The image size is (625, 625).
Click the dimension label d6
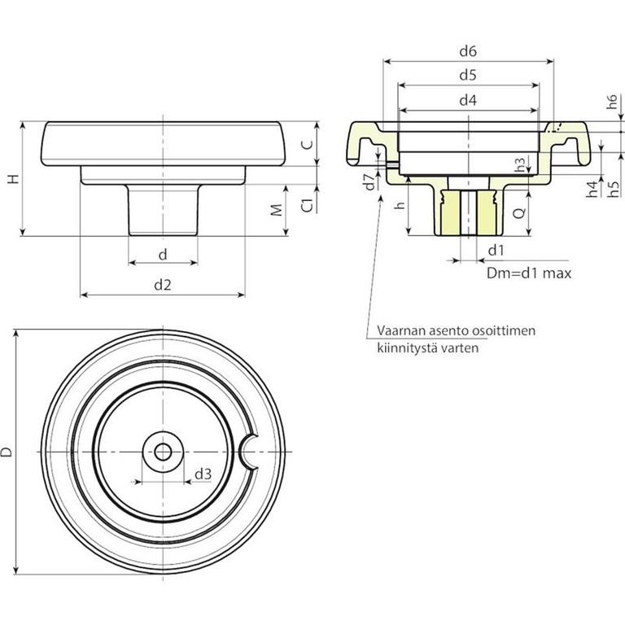click(x=467, y=50)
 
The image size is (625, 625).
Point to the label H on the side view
click(x=12, y=179)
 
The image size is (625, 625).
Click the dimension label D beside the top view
click(x=7, y=452)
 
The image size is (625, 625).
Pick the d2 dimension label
click(x=163, y=284)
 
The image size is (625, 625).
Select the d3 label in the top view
click(x=203, y=474)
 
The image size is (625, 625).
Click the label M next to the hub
click(x=276, y=210)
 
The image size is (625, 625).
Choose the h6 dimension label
click(x=611, y=103)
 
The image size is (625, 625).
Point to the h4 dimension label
click(x=592, y=190)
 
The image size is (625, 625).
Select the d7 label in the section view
click(x=369, y=181)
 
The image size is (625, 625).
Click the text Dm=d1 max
click(x=528, y=273)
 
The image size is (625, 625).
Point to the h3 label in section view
click(x=520, y=163)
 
